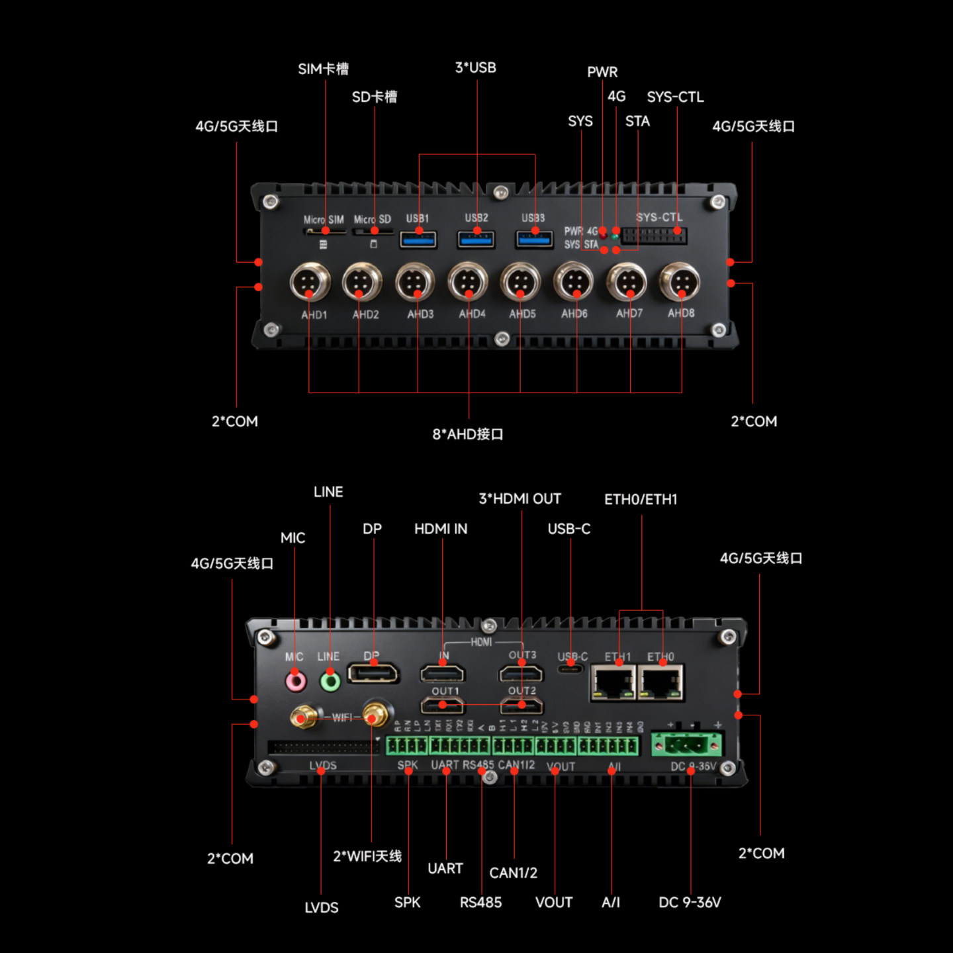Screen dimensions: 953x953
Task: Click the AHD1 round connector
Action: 310,282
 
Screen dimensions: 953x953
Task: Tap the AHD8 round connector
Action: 680,282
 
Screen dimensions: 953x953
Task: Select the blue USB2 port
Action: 476,238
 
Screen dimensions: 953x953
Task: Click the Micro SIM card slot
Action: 325,232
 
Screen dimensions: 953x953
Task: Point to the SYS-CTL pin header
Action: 653,236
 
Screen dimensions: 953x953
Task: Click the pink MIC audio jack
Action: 295,681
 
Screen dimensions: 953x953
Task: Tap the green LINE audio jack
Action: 330,681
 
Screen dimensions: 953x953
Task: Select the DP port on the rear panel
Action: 374,674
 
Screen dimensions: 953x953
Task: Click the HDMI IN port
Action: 442,674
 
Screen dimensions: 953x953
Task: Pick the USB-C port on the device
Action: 570,669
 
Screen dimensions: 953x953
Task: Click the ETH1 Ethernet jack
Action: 613,682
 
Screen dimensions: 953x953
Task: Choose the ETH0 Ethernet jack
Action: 660,682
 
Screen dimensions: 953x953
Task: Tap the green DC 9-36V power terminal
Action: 688,745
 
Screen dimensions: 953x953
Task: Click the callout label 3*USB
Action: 475,68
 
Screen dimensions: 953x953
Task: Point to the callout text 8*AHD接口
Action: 468,434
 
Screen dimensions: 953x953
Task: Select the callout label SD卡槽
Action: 375,97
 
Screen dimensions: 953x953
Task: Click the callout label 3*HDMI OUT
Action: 520,498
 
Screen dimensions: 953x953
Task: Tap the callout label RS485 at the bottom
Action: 480,902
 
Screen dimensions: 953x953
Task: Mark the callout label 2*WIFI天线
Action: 367,856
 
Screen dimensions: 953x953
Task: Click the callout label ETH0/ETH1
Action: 641,499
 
